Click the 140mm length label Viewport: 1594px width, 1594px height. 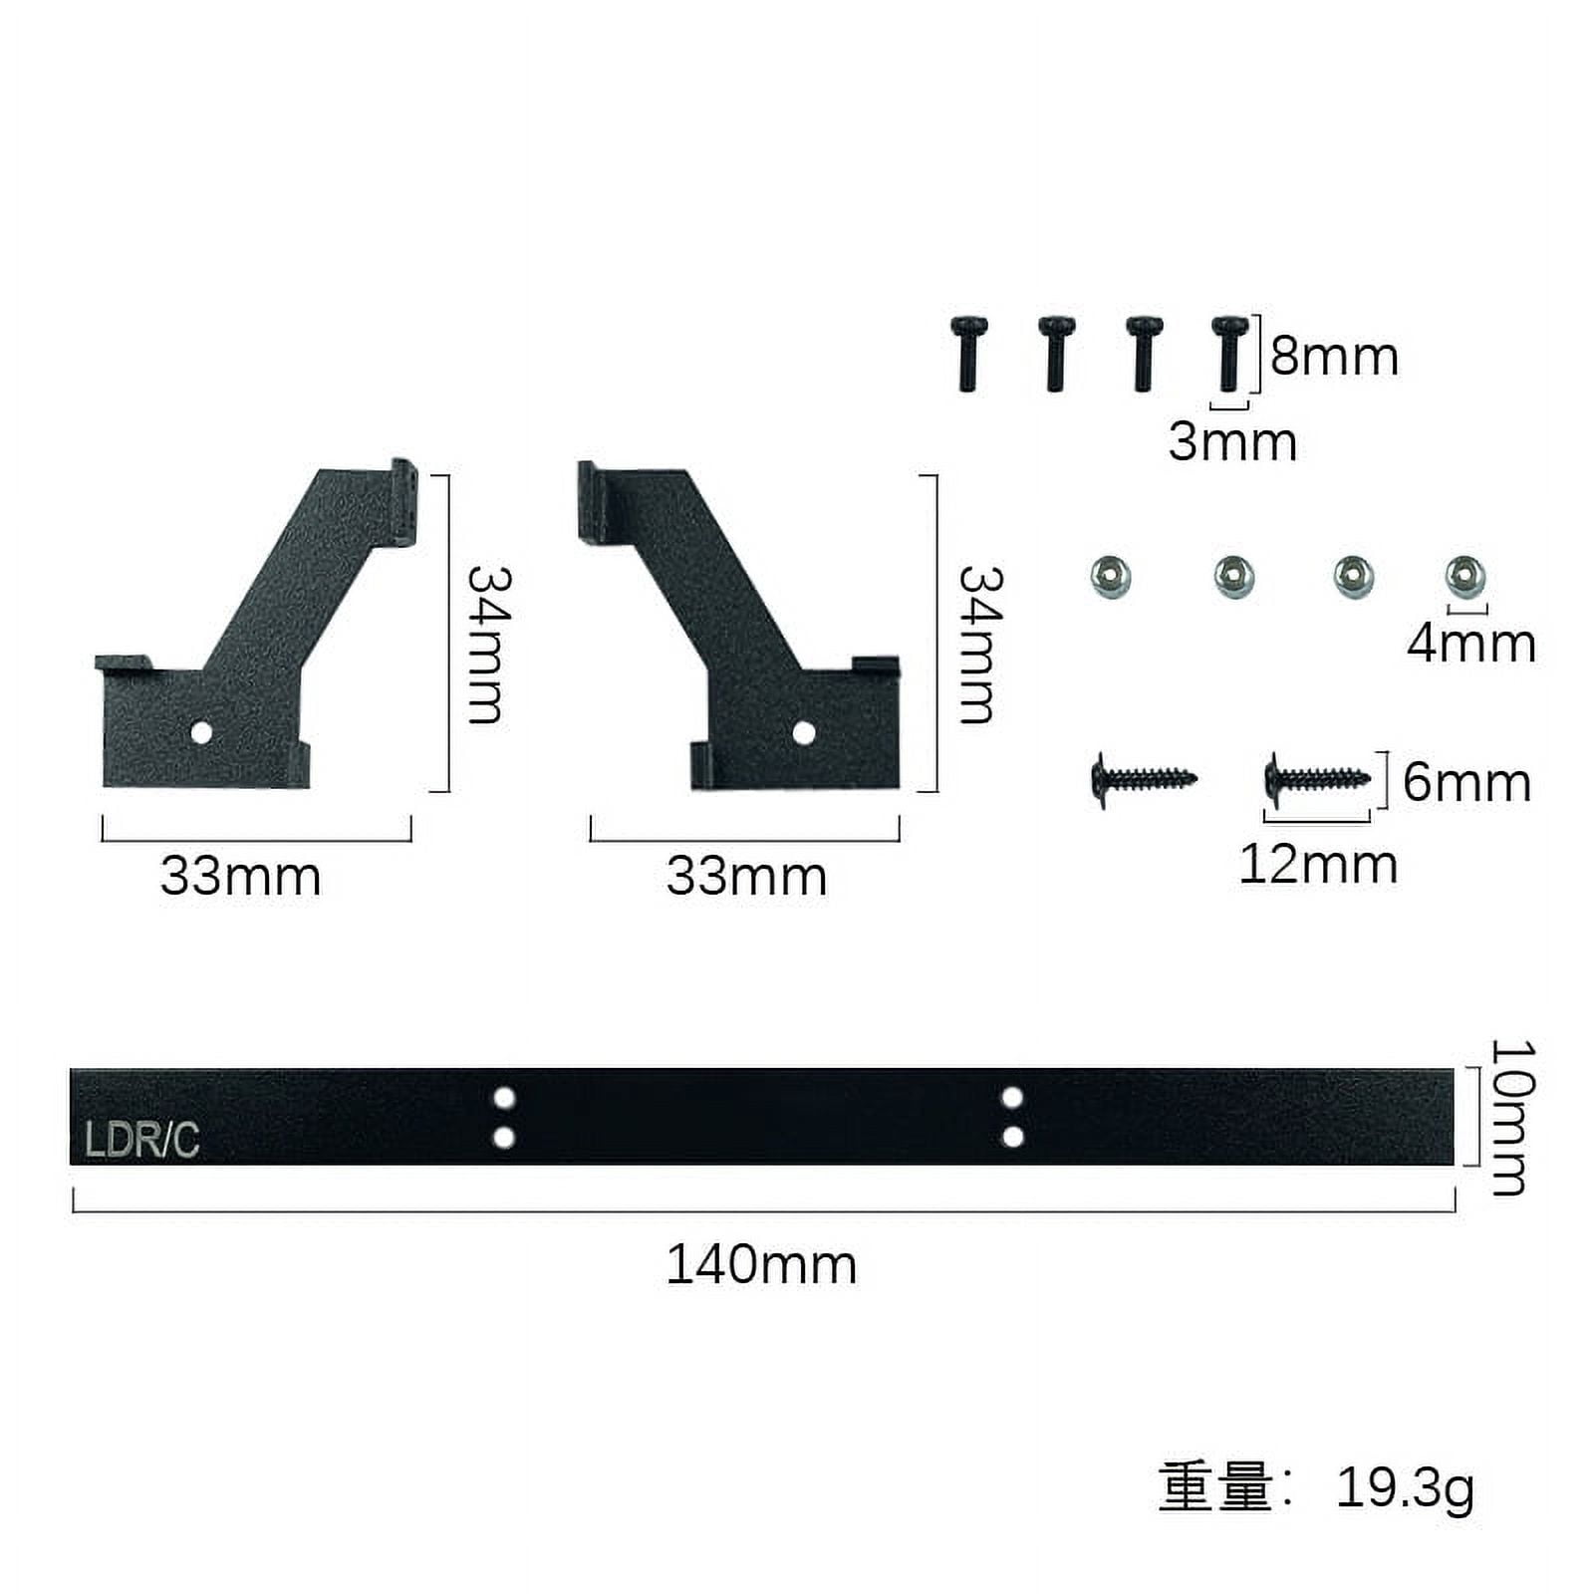coord(761,1264)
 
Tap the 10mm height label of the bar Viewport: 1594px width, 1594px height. coord(1511,1117)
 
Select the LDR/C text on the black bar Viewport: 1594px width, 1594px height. coord(141,1140)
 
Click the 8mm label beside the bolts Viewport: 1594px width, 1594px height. coord(1334,357)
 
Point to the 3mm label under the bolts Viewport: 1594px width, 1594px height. coord(1232,441)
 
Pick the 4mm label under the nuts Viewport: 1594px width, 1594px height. coord(1470,643)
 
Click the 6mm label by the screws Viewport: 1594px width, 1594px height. coord(1466,782)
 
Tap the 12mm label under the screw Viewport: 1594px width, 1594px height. coord(1318,864)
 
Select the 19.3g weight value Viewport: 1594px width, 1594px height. coord(1405,1487)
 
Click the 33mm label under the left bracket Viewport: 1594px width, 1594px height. coord(241,877)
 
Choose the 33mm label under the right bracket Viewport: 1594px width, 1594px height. coord(746,877)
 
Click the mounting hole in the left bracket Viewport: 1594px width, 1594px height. coord(201,733)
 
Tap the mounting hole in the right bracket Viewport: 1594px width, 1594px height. coord(804,734)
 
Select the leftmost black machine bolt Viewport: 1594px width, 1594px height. coord(968,353)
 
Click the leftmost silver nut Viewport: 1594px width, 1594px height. coord(1111,577)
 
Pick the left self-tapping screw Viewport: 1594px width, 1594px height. coord(1144,777)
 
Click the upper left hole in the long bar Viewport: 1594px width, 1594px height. coord(504,1098)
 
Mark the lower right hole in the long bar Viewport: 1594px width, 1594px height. coord(1012,1137)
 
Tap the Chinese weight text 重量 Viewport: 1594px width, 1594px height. coord(1215,1487)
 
